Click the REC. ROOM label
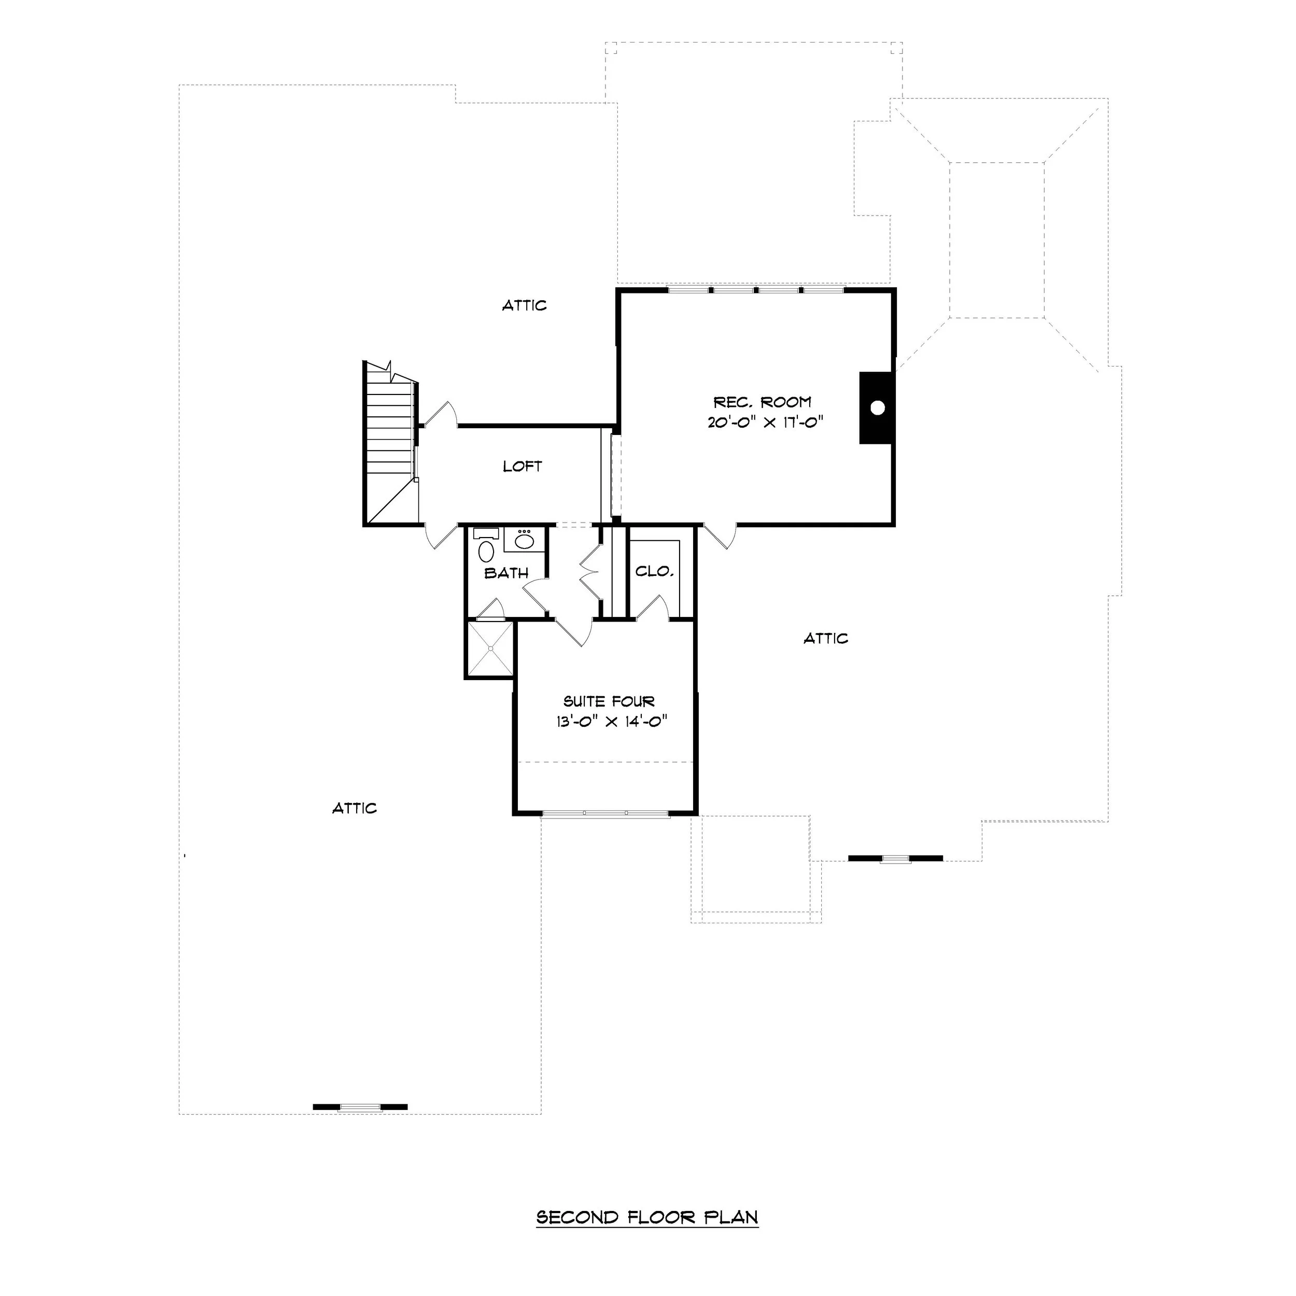[762, 402]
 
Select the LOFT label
[523, 466]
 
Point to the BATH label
[506, 573]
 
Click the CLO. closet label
[654, 571]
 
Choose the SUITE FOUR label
[609, 702]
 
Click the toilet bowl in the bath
[486, 552]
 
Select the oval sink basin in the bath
[524, 541]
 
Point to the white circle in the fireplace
[878, 407]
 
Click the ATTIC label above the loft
[525, 305]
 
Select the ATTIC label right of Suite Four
[826, 639]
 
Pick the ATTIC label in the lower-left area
[355, 808]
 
